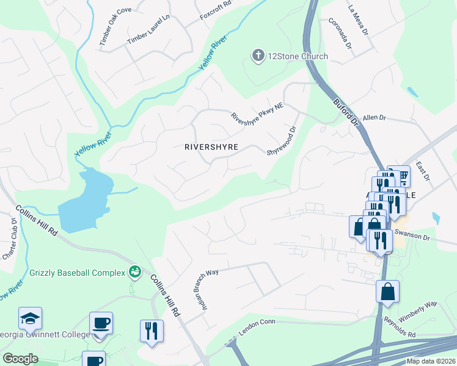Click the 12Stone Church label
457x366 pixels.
coord(299,56)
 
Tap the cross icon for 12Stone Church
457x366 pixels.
coord(258,56)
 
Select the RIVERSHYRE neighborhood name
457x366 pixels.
coord(211,147)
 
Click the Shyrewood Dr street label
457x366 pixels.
coord(281,141)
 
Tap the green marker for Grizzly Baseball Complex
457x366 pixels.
coord(135,271)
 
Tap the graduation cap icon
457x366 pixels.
coord(30,318)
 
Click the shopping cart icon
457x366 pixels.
coord(403,176)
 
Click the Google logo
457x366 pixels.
coord(20,358)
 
